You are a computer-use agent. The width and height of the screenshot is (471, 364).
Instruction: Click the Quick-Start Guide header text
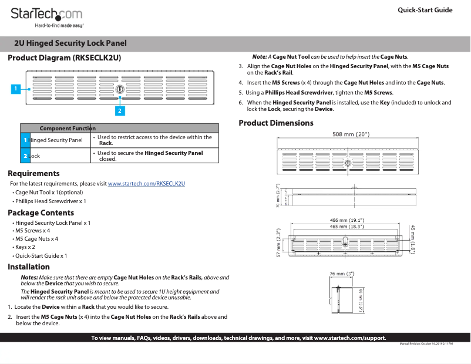pyautogui.click(x=425, y=10)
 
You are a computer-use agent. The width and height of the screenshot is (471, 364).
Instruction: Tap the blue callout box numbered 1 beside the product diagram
pyautogui.click(x=16, y=89)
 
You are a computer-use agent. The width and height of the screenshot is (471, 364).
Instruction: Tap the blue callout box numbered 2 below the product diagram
pyautogui.click(x=119, y=110)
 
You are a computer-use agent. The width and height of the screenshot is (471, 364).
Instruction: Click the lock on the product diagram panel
pyautogui.click(x=119, y=89)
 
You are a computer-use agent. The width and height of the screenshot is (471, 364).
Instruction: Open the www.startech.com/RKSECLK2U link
pyautogui.click(x=147, y=184)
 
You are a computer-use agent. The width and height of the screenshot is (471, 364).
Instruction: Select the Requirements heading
pyautogui.click(x=33, y=173)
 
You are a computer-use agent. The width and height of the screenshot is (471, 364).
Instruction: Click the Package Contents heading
pyautogui.click(x=41, y=213)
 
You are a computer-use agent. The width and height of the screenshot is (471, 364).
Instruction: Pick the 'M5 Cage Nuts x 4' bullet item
pyautogui.click(x=36, y=239)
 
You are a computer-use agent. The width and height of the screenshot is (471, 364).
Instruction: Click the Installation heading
pyautogui.click(x=29, y=267)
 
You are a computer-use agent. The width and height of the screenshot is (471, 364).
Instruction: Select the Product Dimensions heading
pyautogui.click(x=275, y=123)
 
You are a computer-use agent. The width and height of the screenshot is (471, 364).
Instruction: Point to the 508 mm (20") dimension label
pyautogui.click(x=351, y=134)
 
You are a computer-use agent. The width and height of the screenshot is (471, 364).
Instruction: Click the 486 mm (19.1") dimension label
pyautogui.click(x=346, y=221)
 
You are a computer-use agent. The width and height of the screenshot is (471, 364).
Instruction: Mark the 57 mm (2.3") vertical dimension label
pyautogui.click(x=278, y=242)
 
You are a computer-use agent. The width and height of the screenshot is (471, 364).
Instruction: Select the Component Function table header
pyautogui.click(x=68, y=128)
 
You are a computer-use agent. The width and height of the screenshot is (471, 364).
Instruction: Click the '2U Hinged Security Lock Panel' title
pyautogui.click(x=70, y=43)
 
